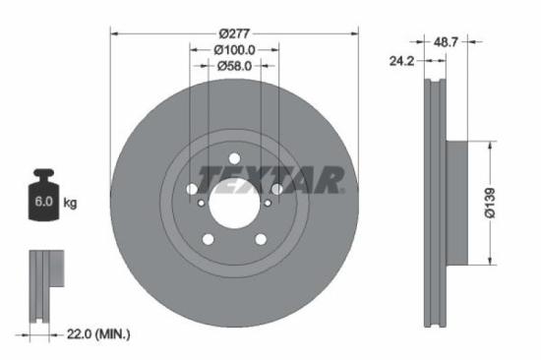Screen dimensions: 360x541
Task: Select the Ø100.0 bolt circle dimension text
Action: coord(234,48)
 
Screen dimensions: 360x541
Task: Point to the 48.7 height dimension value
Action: coord(448,42)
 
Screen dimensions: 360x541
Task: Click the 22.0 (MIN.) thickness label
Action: coord(93,335)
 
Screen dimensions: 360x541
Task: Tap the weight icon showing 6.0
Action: coord(44,197)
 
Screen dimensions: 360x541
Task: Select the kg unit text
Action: coord(70,204)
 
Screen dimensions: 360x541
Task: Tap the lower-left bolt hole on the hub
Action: coord(208,239)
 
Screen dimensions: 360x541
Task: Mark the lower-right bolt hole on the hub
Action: coord(261,239)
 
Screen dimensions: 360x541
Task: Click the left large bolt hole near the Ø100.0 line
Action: coord(191,189)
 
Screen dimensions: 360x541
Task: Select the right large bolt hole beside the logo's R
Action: coord(277,189)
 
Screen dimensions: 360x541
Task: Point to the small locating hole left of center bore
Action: coord(203,205)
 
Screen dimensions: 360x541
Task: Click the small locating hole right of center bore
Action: coord(266,205)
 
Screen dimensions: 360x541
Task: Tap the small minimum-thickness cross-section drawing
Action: coord(43,286)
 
